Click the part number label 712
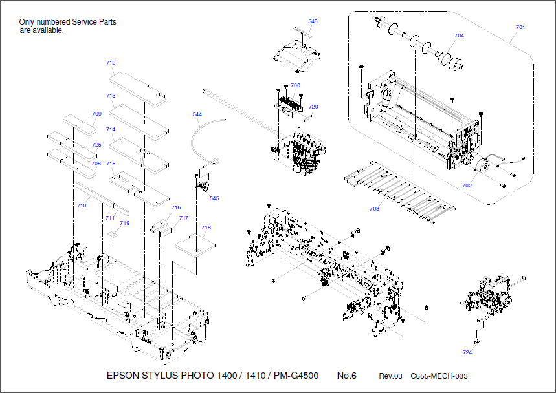click(111, 63)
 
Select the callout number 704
click(459, 36)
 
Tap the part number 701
click(520, 27)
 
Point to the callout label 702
click(467, 186)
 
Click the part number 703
click(374, 209)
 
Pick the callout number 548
click(313, 21)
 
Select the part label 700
click(295, 85)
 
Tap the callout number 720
click(313, 107)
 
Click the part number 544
click(197, 114)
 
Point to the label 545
click(214, 198)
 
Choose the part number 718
click(206, 228)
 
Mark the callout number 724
click(467, 352)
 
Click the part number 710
click(82, 206)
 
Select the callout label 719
click(124, 223)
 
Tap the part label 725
click(96, 145)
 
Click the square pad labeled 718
click(196, 244)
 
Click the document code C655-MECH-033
click(439, 376)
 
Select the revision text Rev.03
click(390, 376)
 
